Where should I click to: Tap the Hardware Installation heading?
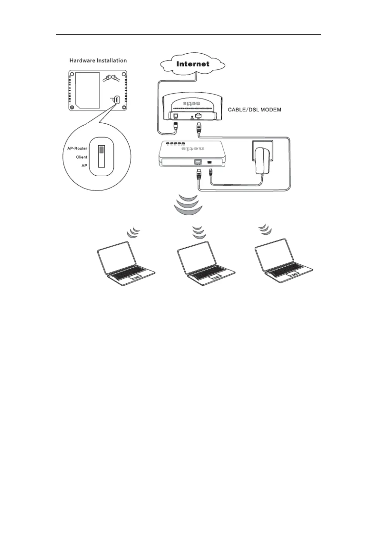click(x=98, y=61)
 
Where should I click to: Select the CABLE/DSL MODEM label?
click(x=254, y=110)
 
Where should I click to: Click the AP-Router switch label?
click(x=77, y=148)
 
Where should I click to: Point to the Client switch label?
click(x=81, y=157)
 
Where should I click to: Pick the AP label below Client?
click(x=84, y=166)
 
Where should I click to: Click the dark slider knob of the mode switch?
click(x=101, y=150)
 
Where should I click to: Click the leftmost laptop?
click(x=125, y=263)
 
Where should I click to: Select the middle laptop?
click(x=205, y=263)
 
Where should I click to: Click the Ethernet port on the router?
click(x=198, y=162)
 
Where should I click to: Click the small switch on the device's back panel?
click(x=117, y=100)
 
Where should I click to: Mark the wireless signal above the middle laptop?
click(x=199, y=232)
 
